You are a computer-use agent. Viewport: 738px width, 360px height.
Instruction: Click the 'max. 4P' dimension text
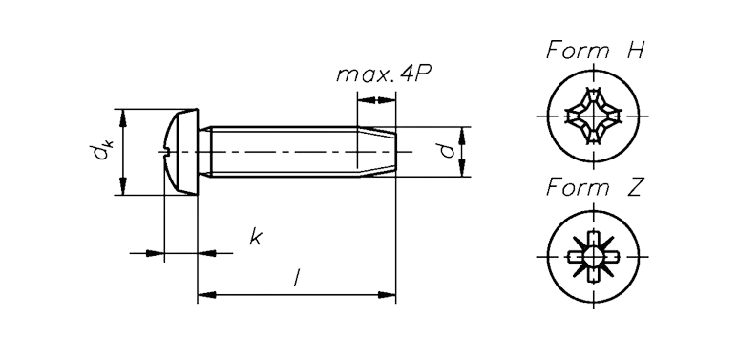[x=384, y=74]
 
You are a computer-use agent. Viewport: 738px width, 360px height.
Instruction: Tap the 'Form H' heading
[x=595, y=51]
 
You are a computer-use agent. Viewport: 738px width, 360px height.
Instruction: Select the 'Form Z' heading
[x=594, y=188]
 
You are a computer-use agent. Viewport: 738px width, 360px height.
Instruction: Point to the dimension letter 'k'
[x=255, y=237]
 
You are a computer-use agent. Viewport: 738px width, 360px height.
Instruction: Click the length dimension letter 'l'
[x=296, y=277]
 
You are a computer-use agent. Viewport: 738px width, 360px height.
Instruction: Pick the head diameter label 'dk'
[x=100, y=152]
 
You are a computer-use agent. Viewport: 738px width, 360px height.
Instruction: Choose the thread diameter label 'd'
[x=449, y=151]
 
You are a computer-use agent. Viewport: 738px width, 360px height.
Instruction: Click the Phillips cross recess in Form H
[x=593, y=116]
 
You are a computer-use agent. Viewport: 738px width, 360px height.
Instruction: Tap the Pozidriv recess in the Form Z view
[x=593, y=257]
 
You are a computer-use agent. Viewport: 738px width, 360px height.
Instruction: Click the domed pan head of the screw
[x=181, y=152]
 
